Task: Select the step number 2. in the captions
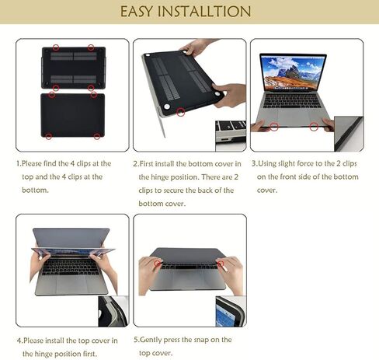point(136,164)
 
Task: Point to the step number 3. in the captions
point(255,164)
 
